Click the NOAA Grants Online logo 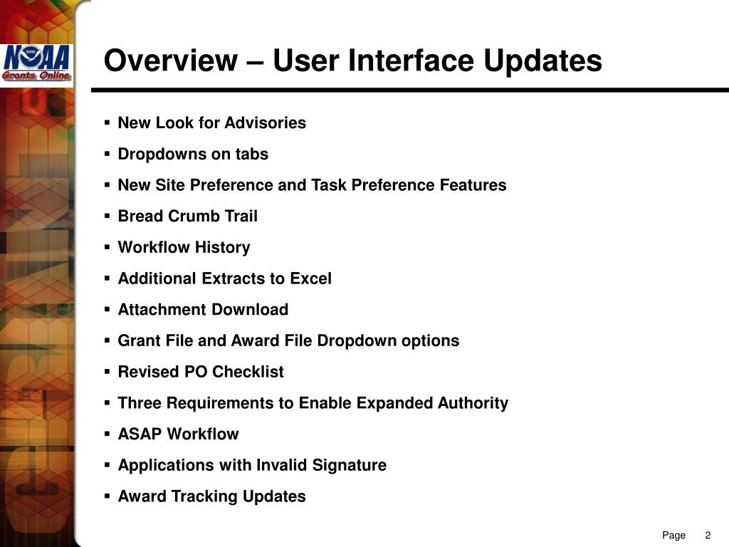[37, 63]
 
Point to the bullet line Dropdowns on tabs [193, 154]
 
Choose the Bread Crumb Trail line [187, 217]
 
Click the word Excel [310, 278]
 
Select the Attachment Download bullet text [203, 310]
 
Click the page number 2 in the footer [708, 536]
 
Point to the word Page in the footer [673, 536]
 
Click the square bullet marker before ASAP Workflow [107, 434]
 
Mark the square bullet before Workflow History [107, 247]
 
